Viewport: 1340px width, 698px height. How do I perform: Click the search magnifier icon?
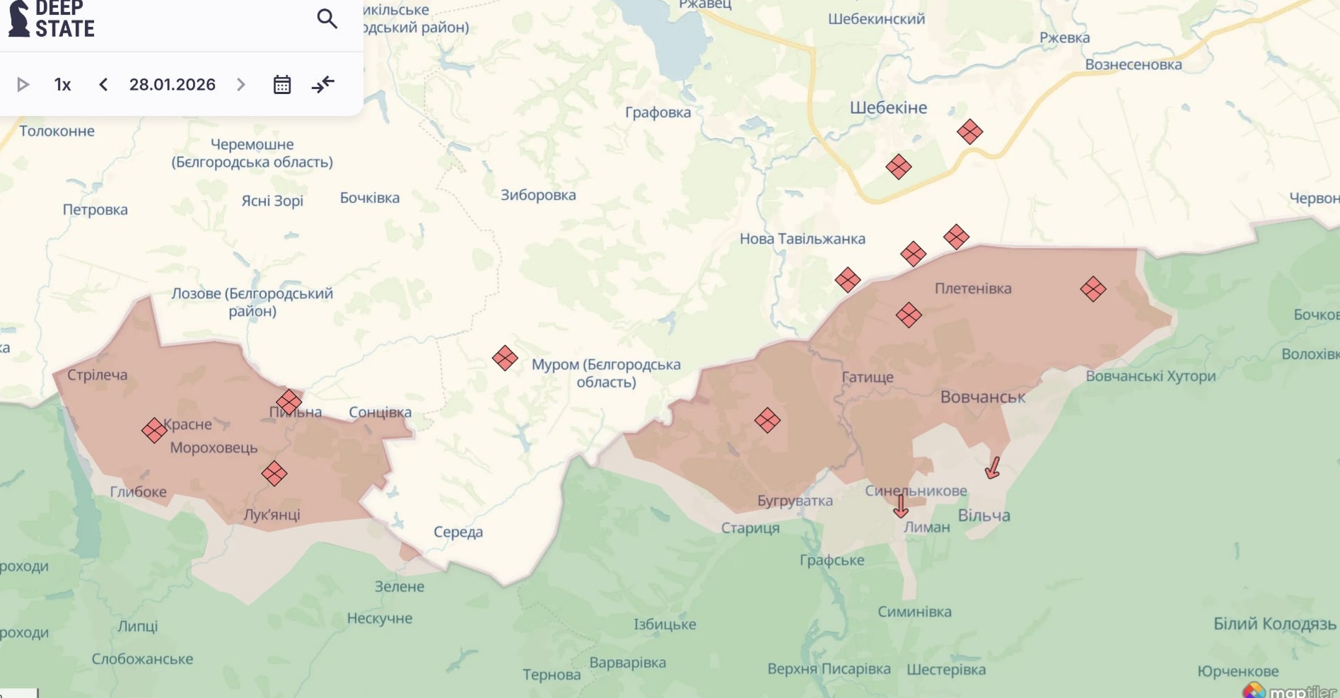point(327,18)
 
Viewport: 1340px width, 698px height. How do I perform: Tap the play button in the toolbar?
point(23,85)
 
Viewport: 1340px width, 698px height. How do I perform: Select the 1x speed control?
point(62,85)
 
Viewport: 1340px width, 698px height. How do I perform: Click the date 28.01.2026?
point(172,85)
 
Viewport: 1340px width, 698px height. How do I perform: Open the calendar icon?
point(282,85)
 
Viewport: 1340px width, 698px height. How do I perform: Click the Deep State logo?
point(52,19)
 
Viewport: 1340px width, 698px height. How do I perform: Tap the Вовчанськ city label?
point(982,397)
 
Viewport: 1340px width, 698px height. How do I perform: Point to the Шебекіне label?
point(888,107)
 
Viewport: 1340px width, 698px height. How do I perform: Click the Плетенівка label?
point(972,289)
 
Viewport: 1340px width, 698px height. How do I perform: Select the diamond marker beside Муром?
point(505,358)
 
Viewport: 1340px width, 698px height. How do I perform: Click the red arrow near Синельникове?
point(900,506)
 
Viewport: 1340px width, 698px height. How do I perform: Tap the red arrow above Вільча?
point(993,467)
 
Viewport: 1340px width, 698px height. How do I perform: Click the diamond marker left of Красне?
point(154,430)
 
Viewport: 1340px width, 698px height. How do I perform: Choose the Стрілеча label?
point(98,375)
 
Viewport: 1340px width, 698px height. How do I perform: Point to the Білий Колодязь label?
point(1274,624)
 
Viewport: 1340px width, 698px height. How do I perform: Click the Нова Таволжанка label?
point(802,239)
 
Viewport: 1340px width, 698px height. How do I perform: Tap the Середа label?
point(458,532)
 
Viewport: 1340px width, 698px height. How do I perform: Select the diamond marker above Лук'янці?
point(274,473)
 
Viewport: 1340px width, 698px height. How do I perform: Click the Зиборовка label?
point(538,195)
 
